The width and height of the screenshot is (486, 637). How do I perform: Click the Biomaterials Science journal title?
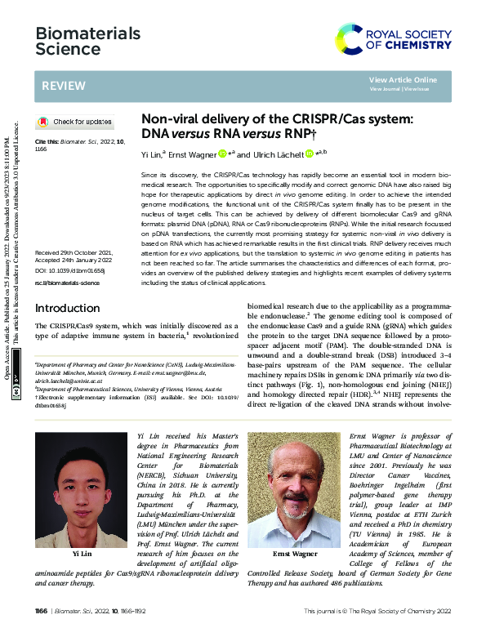pos(77,41)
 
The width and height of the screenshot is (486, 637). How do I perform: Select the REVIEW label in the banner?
pos(60,85)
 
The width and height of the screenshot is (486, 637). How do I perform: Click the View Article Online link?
pos(403,79)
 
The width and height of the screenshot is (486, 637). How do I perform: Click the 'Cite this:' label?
pos(48,140)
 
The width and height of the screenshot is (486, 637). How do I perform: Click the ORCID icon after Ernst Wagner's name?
pos(222,153)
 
